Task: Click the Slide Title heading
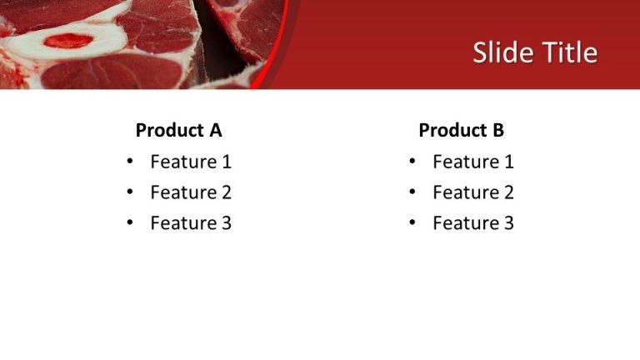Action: pos(535,53)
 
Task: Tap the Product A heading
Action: pos(178,130)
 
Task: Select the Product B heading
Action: pos(461,130)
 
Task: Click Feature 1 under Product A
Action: pos(191,162)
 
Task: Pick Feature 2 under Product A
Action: pos(191,192)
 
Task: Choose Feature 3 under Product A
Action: pos(191,223)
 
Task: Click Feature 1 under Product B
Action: pos(473,162)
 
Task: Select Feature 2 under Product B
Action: pos(473,192)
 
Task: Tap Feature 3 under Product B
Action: pos(473,223)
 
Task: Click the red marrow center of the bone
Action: pos(67,40)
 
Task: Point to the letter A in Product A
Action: pos(215,130)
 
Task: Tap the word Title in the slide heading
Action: pos(567,53)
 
